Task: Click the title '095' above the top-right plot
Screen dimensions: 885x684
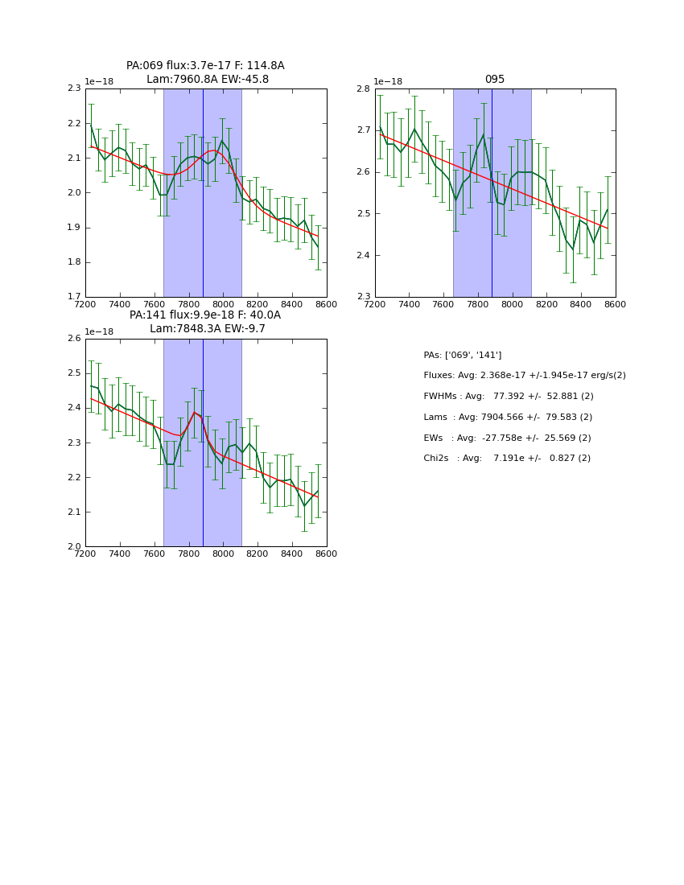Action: point(494,80)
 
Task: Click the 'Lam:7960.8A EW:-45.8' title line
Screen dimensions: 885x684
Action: point(208,80)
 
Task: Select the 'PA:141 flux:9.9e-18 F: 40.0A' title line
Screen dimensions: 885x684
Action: point(205,315)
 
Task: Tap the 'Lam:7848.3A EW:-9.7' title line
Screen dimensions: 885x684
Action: point(208,329)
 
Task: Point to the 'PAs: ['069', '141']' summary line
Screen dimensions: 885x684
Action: point(462,355)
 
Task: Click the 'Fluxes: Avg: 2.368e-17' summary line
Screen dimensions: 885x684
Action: point(524,376)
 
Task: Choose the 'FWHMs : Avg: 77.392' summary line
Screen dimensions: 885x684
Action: point(508,397)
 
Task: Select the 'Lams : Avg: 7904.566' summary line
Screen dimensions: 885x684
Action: point(507,418)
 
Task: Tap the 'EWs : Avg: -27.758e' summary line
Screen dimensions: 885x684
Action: point(507,438)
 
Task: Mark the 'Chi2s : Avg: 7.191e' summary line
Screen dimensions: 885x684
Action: point(506,459)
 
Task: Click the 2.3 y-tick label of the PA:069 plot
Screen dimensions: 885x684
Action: point(74,88)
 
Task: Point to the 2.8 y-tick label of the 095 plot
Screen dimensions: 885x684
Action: point(363,88)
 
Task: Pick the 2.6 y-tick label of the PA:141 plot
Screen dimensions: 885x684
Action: point(74,339)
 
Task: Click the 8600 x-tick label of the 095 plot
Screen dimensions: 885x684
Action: point(616,304)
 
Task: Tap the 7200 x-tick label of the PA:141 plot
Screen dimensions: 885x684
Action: point(85,554)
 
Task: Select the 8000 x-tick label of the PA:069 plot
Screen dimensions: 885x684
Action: point(223,304)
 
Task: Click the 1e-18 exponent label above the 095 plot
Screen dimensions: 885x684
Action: point(388,82)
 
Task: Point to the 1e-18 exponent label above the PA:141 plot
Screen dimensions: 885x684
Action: point(99,332)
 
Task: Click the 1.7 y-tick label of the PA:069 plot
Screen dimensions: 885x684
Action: point(74,297)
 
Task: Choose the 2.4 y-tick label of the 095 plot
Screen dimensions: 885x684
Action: point(363,255)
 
